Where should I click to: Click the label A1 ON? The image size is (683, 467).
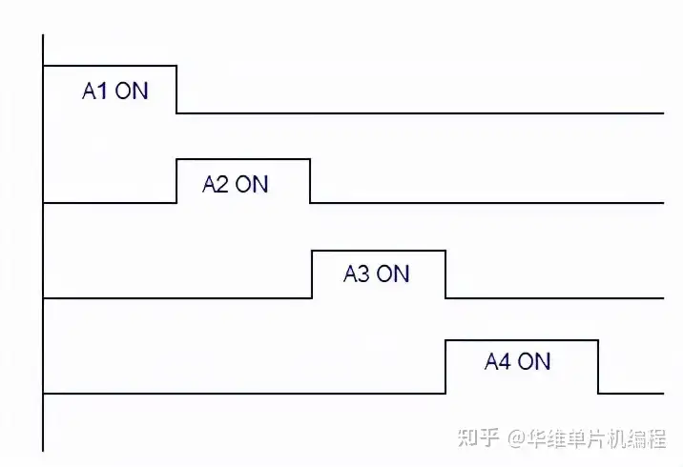[115, 91]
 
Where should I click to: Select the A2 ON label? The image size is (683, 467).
[236, 184]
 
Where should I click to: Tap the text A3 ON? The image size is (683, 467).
[376, 274]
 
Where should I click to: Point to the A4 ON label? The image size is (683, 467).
[518, 361]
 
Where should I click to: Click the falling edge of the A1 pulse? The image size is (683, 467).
[177, 90]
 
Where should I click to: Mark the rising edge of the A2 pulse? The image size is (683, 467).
[177, 181]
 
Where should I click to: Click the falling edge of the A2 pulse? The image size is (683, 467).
[310, 181]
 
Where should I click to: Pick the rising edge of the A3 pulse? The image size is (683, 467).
[312, 274]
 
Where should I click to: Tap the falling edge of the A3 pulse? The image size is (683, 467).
[445, 274]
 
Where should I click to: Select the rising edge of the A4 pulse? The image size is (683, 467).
[445, 367]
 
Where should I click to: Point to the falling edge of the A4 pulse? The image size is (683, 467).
[598, 367]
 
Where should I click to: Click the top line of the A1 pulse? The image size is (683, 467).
[111, 66]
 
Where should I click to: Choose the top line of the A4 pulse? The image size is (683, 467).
[522, 340]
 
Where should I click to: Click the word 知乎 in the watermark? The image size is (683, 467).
[479, 438]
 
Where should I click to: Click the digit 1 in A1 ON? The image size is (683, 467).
[103, 91]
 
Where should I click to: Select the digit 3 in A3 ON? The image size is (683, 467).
[363, 274]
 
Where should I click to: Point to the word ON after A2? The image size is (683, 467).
[252, 184]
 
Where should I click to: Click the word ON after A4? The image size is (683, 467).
[534, 361]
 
